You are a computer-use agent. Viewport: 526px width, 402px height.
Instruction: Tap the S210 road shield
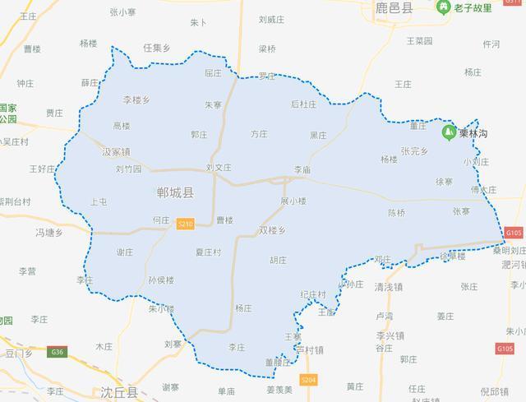click(x=186, y=223)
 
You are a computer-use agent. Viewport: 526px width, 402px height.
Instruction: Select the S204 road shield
click(x=308, y=380)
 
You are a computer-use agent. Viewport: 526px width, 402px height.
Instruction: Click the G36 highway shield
click(x=56, y=352)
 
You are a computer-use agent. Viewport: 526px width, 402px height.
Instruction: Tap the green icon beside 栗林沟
click(x=449, y=132)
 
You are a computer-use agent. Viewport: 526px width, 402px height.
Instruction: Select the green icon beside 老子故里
click(x=443, y=7)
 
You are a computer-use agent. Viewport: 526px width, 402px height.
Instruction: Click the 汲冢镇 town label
click(x=117, y=152)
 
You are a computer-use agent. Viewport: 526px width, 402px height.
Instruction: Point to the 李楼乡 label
click(x=136, y=100)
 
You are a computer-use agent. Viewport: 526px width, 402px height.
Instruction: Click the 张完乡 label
click(x=415, y=151)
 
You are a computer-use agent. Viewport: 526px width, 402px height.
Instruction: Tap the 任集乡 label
click(x=156, y=49)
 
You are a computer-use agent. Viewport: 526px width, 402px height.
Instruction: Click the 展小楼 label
click(x=293, y=201)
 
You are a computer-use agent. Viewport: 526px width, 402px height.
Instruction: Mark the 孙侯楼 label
click(x=161, y=280)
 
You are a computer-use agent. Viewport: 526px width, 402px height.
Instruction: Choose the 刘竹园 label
click(x=128, y=170)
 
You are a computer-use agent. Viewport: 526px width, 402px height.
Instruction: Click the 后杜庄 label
click(x=303, y=104)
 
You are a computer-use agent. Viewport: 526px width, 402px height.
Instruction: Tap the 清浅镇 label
click(x=388, y=287)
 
